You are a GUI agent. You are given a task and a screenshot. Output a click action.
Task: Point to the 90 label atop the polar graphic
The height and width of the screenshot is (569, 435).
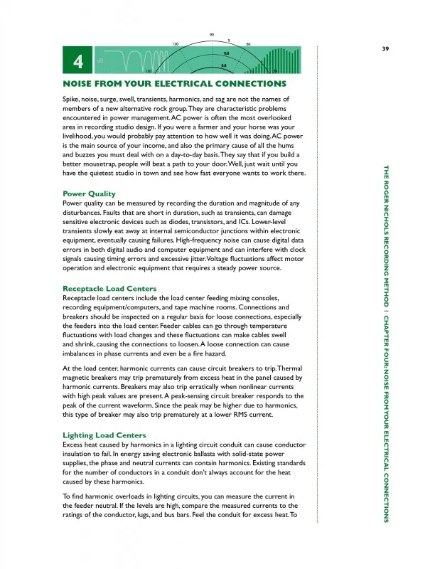pos(212,35)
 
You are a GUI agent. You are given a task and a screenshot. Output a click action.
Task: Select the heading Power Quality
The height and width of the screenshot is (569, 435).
pos(89,193)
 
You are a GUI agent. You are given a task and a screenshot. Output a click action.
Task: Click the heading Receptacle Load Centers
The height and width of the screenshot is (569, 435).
pos(109,288)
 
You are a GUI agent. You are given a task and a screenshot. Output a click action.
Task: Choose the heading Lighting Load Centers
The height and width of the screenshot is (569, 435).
pos(104,435)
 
